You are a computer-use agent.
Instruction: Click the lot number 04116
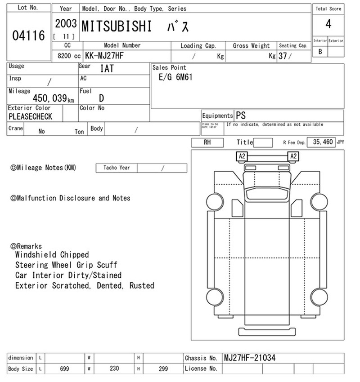click(x=28, y=36)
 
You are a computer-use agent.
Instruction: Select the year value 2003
click(x=66, y=24)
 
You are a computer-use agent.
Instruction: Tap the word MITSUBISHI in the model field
click(x=117, y=27)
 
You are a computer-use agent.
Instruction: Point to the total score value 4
click(x=328, y=24)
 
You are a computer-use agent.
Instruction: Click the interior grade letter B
click(x=320, y=52)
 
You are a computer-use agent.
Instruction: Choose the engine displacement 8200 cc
click(x=69, y=56)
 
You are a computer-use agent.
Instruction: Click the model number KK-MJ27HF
click(x=104, y=56)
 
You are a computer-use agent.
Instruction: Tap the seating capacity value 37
click(x=283, y=56)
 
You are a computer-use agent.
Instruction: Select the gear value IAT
click(x=107, y=68)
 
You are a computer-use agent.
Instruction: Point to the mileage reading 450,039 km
click(x=53, y=98)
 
